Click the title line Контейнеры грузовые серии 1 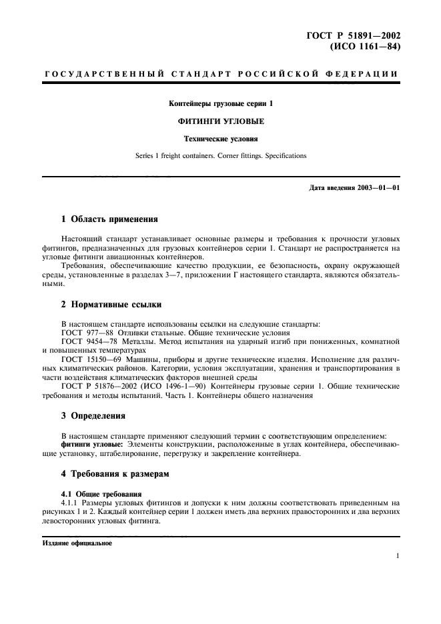click(221, 104)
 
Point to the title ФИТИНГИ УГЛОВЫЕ click(221, 121)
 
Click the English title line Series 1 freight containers click(221, 155)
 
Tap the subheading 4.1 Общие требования click(96, 493)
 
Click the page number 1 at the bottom click(397, 555)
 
